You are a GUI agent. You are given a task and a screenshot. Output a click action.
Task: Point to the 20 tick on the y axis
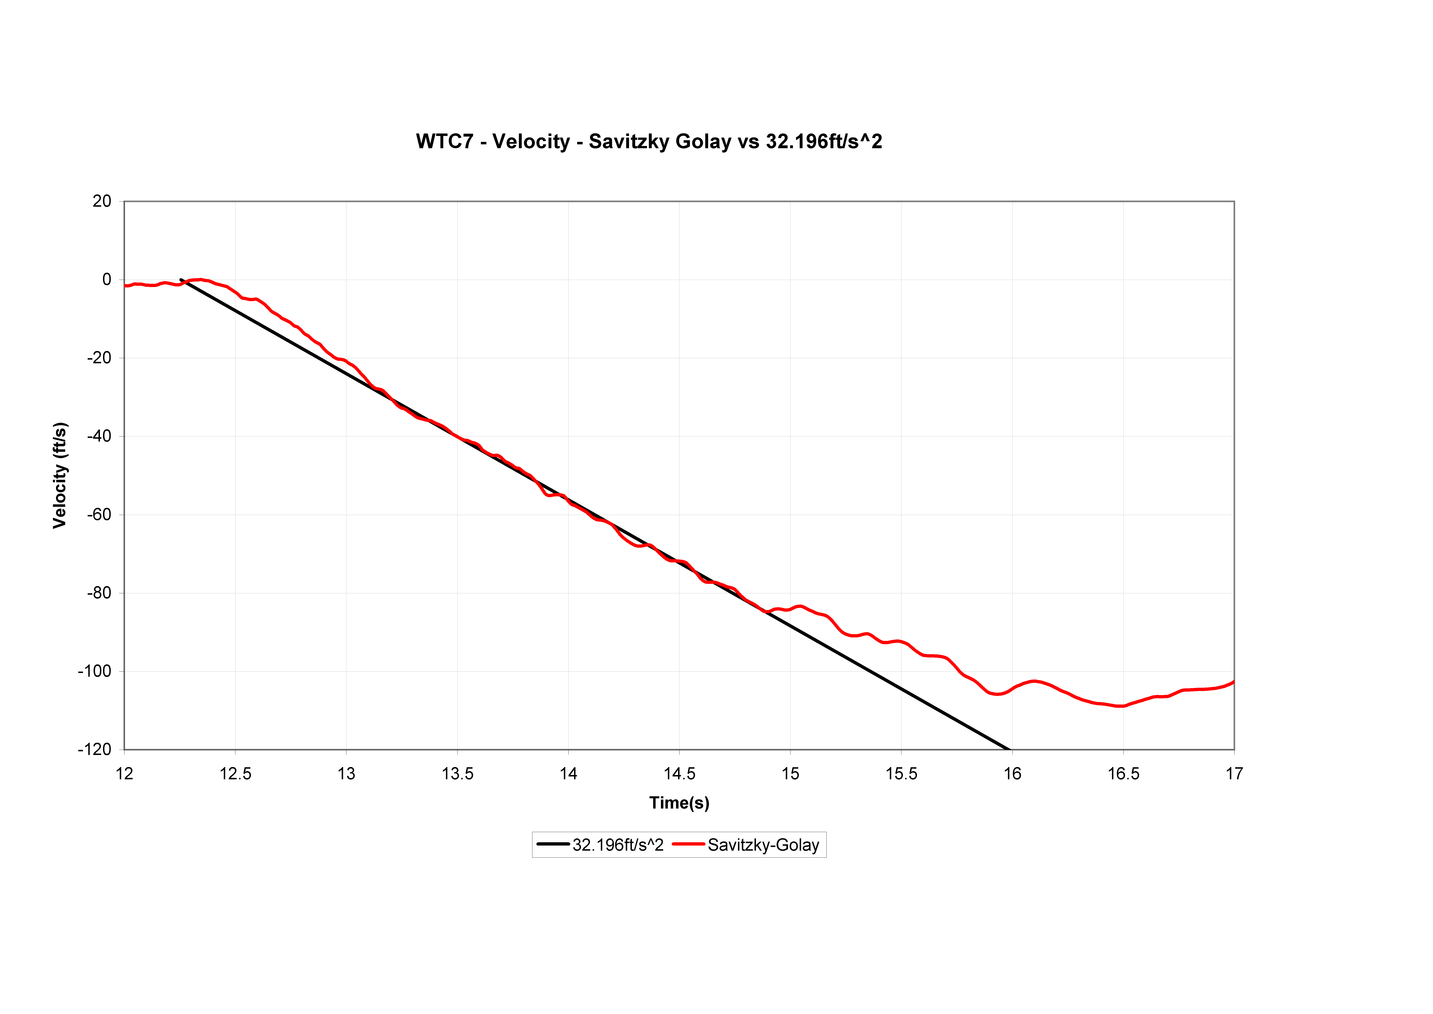point(102,201)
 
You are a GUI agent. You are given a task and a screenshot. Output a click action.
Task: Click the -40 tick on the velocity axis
point(99,436)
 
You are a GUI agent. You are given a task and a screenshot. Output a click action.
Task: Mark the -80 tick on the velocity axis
point(99,593)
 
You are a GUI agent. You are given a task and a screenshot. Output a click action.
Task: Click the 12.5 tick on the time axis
point(235,774)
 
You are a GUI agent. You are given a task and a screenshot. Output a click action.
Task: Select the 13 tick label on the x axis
point(346,774)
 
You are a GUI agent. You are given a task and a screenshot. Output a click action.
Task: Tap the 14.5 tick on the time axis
point(679,774)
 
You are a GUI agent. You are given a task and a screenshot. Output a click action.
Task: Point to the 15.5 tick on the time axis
point(901,774)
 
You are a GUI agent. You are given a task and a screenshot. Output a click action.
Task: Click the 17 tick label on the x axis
point(1234,774)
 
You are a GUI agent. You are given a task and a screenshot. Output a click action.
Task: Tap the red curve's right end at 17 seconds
point(1233,682)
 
